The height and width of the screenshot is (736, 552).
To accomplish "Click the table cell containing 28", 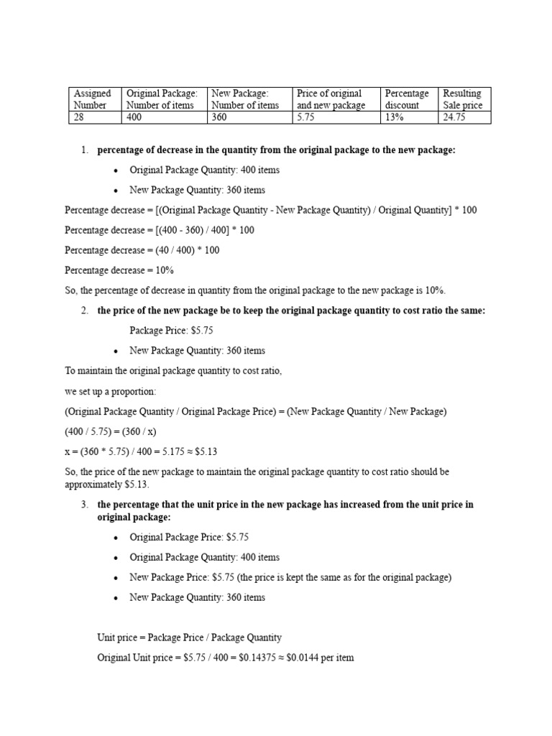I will click(x=95, y=117).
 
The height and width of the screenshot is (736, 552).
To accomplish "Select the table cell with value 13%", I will click(x=408, y=117).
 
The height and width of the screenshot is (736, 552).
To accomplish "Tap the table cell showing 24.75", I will click(x=464, y=117).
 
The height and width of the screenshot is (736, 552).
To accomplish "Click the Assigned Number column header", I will click(x=95, y=99).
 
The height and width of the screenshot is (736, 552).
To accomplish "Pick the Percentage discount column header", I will click(x=408, y=99).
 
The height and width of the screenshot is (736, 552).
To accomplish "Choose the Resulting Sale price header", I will click(x=464, y=99).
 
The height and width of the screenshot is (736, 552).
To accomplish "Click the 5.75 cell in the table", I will click(x=336, y=117).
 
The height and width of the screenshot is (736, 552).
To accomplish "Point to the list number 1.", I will click(x=84, y=149).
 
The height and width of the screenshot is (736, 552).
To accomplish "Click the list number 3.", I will click(x=84, y=505).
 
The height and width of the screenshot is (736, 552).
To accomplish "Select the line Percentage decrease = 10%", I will click(x=119, y=270).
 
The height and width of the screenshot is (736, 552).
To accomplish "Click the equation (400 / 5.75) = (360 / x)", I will click(x=110, y=431).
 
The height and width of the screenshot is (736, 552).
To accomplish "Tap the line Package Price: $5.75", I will click(x=171, y=331).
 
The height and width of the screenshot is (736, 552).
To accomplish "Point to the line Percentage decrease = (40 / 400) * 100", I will click(x=142, y=250).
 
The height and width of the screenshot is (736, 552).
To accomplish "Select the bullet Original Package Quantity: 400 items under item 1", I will click(x=204, y=170).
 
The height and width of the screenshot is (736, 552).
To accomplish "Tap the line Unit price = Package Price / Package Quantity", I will click(x=189, y=638).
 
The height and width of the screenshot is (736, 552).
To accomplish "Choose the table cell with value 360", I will click(x=249, y=117).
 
